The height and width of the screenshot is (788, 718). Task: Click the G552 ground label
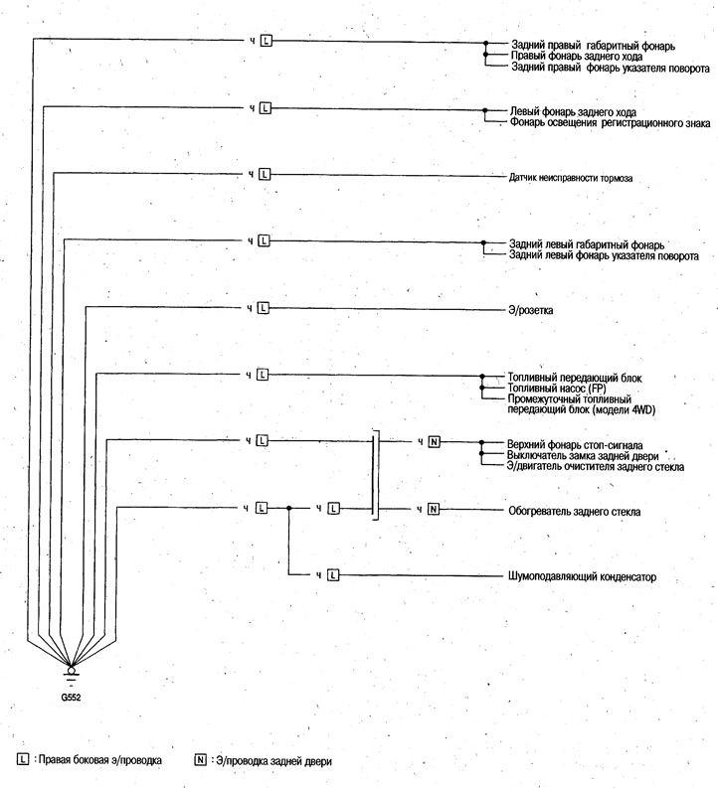tap(71, 697)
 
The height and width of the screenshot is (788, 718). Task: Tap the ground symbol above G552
tap(72, 675)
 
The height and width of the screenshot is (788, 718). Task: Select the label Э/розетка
tap(530, 310)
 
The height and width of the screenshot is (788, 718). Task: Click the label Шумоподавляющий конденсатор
tap(582, 576)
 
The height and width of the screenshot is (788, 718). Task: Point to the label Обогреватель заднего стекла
tap(574, 512)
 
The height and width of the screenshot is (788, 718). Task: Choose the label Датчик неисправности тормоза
tap(571, 178)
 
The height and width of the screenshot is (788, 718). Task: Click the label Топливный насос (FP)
tap(557, 389)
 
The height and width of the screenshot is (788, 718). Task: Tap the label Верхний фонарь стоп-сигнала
tap(575, 445)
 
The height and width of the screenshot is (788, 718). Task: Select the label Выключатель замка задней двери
tap(583, 456)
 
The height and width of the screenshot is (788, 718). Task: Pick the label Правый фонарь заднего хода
tap(577, 57)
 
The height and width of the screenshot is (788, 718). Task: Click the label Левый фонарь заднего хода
tap(573, 111)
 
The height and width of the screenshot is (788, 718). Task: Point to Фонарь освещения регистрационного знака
tap(611, 122)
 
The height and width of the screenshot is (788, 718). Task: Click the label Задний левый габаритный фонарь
tap(587, 244)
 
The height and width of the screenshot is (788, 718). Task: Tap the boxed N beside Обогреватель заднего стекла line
tap(434, 509)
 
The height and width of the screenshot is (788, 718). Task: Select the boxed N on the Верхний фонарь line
tap(434, 442)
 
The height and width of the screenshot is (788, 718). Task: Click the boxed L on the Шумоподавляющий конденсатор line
tap(333, 575)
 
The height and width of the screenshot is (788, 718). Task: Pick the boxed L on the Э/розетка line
tap(263, 308)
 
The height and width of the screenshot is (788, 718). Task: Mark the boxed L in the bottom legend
tap(23, 759)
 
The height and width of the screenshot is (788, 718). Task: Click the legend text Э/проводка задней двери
tap(274, 761)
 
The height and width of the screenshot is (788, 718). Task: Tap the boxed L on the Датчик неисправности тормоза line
tap(265, 174)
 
